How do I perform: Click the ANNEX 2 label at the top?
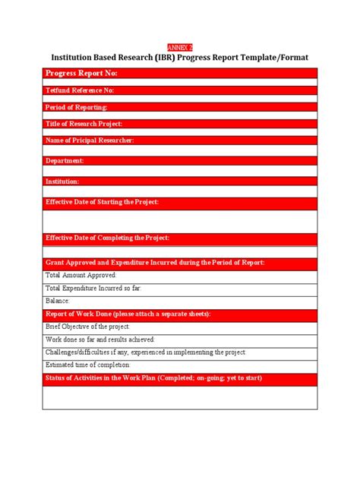(179, 46)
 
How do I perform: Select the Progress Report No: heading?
(81, 74)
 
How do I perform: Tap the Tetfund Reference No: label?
(80, 90)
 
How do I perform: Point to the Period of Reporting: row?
(77, 107)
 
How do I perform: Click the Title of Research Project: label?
(84, 124)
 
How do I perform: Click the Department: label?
(65, 161)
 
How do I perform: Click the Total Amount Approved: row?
(81, 275)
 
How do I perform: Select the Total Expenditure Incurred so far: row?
(93, 288)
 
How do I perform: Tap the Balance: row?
(58, 301)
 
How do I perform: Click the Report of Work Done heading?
(128, 314)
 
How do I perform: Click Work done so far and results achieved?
(100, 339)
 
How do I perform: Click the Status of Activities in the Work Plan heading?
(154, 378)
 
